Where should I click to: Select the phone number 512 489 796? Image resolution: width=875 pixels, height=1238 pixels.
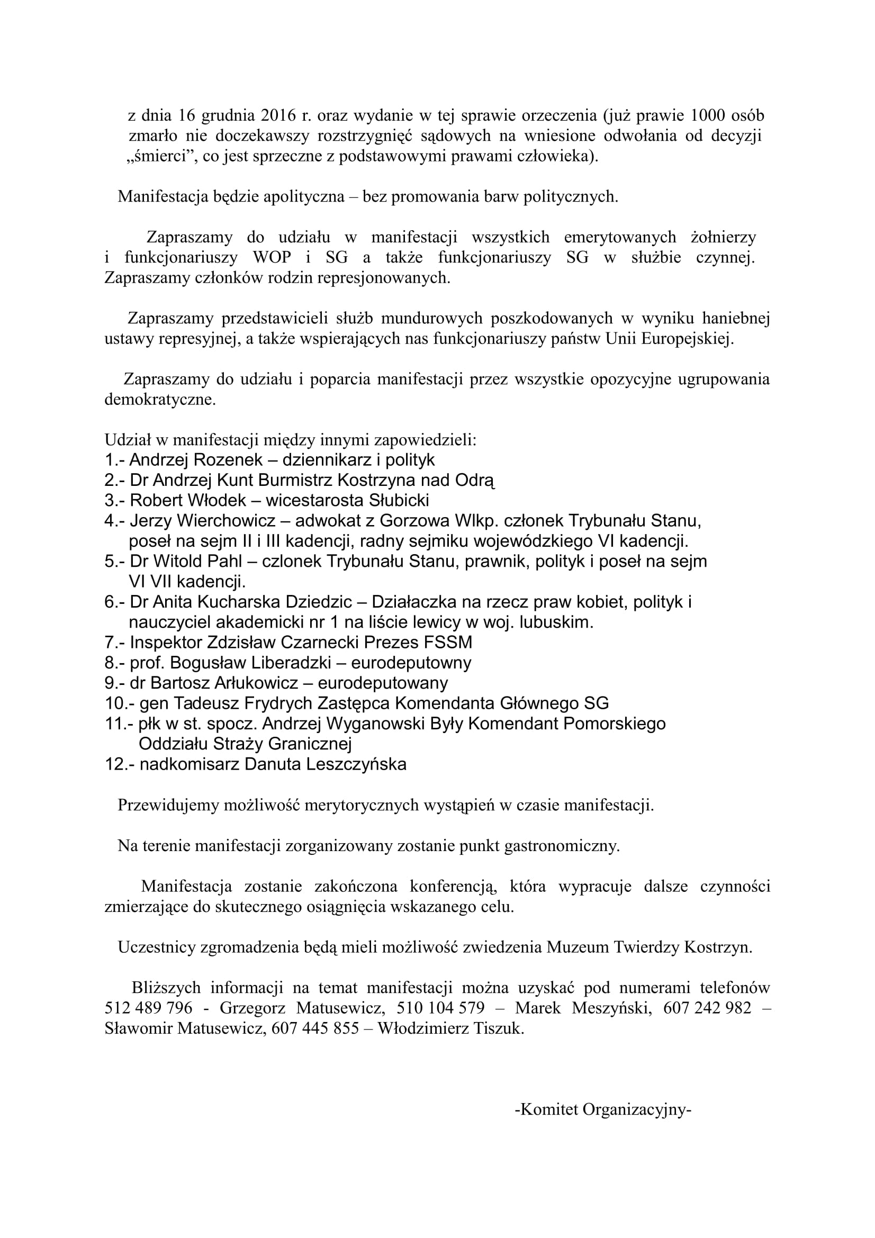pos(148,1008)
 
